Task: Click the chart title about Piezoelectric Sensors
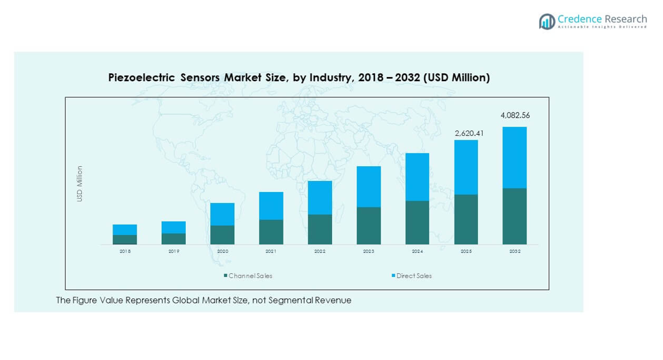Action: pyautogui.click(x=299, y=78)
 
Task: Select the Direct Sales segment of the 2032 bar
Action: pyautogui.click(x=514, y=158)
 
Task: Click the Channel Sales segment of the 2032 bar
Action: pyautogui.click(x=514, y=216)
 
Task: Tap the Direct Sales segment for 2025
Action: pyautogui.click(x=466, y=167)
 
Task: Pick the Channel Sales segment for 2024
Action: pyautogui.click(x=417, y=222)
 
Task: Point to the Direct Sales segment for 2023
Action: pyautogui.click(x=368, y=186)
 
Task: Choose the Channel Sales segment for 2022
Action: pyautogui.click(x=320, y=229)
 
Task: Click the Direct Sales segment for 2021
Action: pyautogui.click(x=271, y=206)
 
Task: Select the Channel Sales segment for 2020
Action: pyautogui.click(x=222, y=234)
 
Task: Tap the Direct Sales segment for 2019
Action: pyautogui.click(x=173, y=227)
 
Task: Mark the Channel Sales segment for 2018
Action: pyautogui.click(x=125, y=239)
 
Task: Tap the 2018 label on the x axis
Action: pyautogui.click(x=125, y=252)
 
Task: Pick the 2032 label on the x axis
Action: pyautogui.click(x=514, y=252)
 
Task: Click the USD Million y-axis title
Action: pyautogui.click(x=79, y=183)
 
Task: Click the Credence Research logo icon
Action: pyautogui.click(x=547, y=21)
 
